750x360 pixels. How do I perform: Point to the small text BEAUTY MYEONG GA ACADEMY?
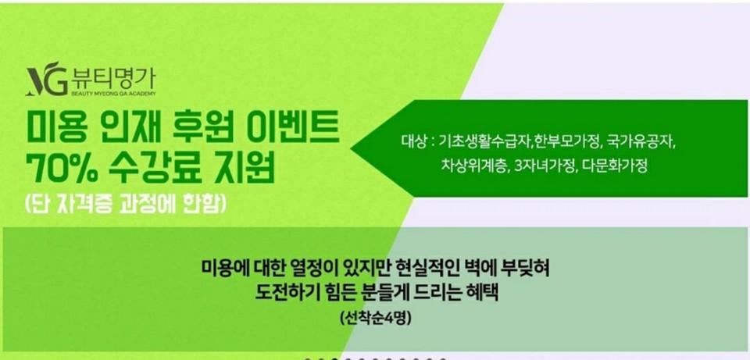point(113,93)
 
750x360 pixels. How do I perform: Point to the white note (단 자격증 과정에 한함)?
point(124,205)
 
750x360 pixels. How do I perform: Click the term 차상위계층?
point(474,167)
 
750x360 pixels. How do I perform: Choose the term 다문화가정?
point(615,167)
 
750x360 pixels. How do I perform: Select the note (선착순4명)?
point(376,318)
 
